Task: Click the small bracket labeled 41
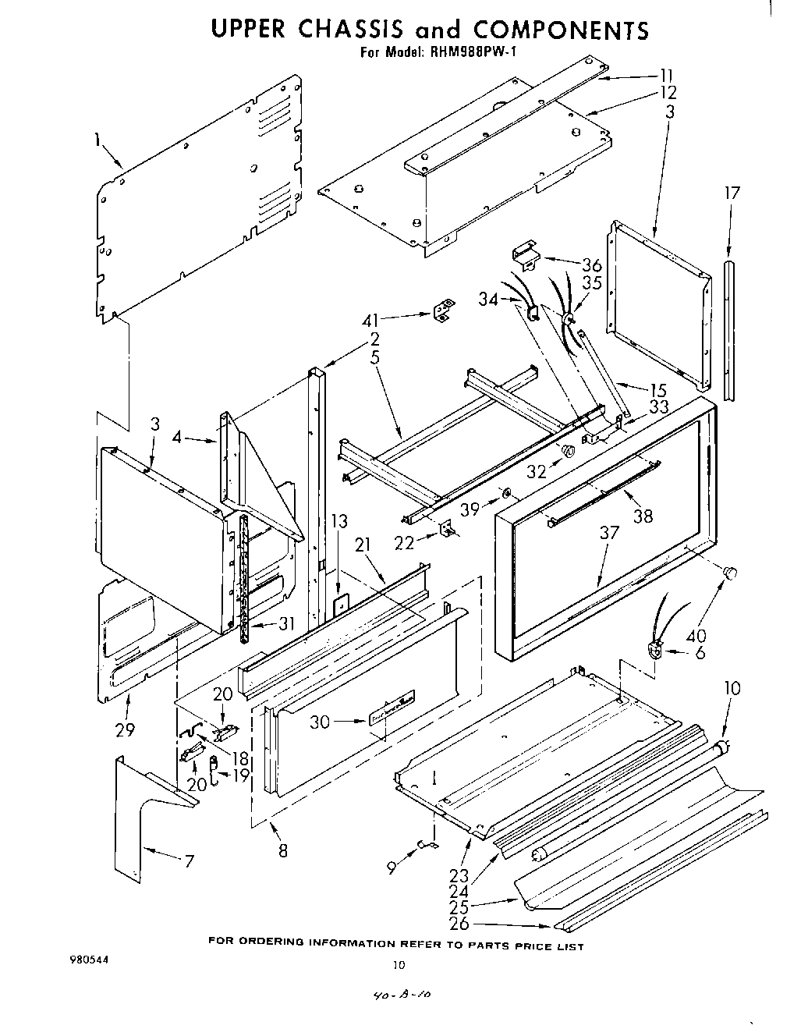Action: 443,311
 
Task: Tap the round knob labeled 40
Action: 731,573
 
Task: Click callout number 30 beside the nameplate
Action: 321,722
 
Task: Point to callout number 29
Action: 125,730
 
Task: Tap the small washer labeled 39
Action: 507,492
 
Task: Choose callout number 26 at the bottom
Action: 460,924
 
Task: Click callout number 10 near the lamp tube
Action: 732,688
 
